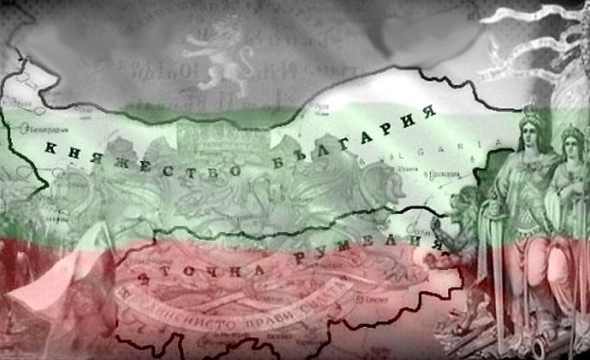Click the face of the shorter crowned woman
pyautogui.click(x=570, y=145)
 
